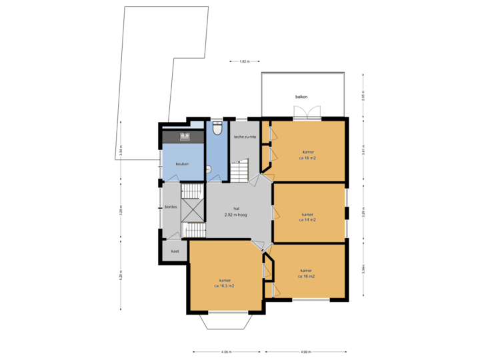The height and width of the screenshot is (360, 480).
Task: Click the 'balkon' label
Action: click(x=302, y=97)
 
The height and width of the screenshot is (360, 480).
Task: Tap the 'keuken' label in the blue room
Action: click(x=183, y=163)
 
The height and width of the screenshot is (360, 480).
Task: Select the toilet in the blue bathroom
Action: click(x=217, y=128)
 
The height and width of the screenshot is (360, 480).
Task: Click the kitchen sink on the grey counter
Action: click(x=185, y=136)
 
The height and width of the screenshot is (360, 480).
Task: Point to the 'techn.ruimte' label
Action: click(x=245, y=137)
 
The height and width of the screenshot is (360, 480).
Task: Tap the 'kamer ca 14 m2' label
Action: click(x=307, y=217)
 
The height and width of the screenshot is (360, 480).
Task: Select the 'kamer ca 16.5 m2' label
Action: click(x=224, y=283)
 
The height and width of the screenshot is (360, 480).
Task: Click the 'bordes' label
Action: click(x=171, y=207)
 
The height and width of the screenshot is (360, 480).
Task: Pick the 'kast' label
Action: click(x=175, y=251)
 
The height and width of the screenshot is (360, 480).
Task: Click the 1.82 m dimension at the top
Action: click(x=244, y=61)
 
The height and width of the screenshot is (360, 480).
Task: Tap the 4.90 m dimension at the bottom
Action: click(x=305, y=351)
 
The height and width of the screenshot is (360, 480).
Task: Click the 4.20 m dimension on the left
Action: click(x=121, y=275)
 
